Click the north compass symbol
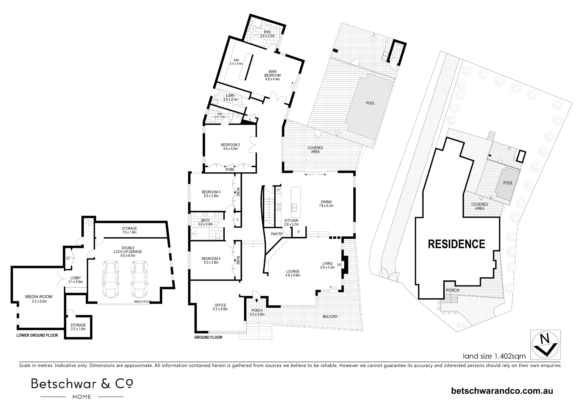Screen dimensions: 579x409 click(545, 344)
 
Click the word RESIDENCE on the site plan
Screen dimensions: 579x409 click(457, 244)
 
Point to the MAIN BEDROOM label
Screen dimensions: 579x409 click(272, 75)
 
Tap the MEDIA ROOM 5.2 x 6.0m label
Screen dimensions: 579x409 click(39, 299)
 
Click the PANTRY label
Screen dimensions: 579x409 click(277, 234)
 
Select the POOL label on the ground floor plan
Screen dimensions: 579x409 click(370, 103)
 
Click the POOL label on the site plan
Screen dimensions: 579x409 click(508, 183)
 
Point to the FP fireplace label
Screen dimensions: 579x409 click(339, 264)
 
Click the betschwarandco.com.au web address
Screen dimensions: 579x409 click(502, 391)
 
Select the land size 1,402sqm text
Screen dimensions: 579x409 click(494, 356)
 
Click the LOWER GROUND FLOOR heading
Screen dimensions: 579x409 click(37, 336)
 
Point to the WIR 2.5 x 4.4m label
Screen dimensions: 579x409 click(236, 62)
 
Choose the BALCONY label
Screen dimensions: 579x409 click(330, 316)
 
